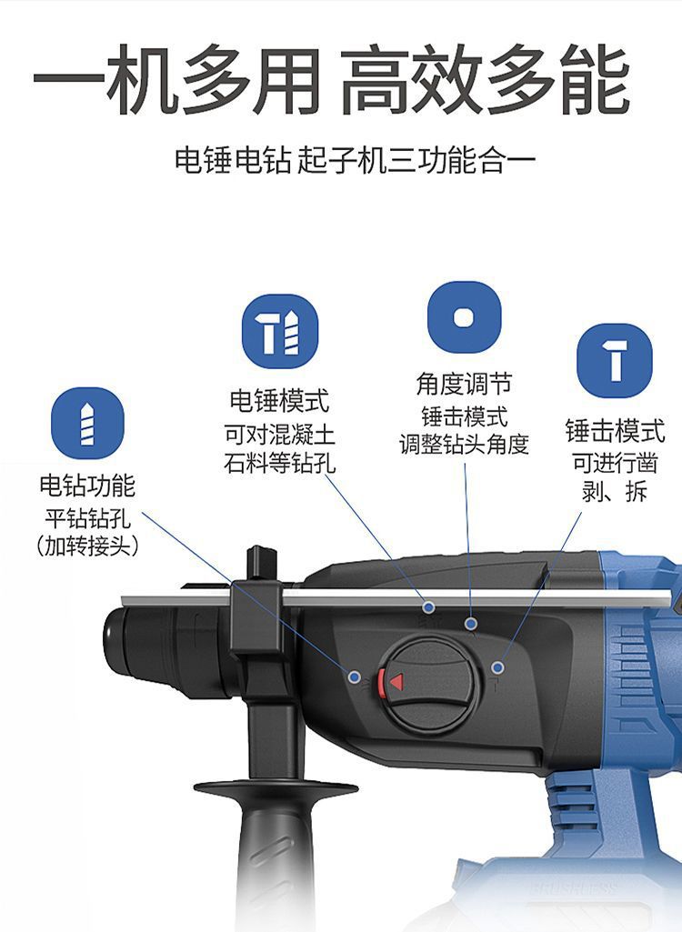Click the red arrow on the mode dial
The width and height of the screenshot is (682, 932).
tap(396, 681)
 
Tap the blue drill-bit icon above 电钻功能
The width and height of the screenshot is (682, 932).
tap(87, 423)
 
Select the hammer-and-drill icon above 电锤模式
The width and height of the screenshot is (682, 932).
tap(280, 332)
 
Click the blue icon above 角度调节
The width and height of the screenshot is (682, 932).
tap(465, 317)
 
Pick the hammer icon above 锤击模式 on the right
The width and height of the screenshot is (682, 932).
tap(615, 361)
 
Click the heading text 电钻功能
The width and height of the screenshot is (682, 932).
tap(87, 486)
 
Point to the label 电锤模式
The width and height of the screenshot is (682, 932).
tap(279, 401)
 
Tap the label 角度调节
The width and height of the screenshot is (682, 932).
tap(465, 384)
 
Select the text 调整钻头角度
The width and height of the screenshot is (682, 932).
tap(465, 444)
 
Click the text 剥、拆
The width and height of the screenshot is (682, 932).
tap(615, 491)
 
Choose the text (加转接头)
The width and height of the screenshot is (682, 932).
tap(87, 545)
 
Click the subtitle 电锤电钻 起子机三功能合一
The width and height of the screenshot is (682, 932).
tap(356, 160)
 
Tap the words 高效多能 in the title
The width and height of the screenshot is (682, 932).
tap(485, 80)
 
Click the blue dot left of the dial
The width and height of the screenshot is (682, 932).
tap(355, 676)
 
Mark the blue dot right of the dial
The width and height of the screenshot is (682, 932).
tap(498, 667)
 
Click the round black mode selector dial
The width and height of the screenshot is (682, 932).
tap(426, 682)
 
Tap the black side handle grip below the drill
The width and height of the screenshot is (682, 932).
tap(276, 856)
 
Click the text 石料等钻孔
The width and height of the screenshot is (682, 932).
tap(279, 463)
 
